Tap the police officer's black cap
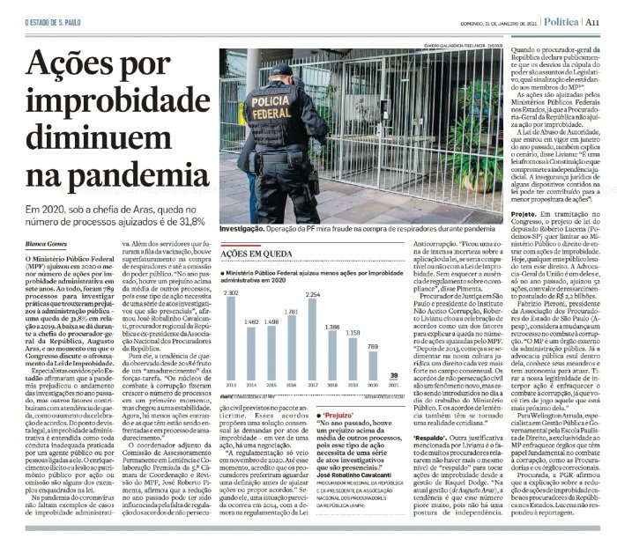[x=280, y=71]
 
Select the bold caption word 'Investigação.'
[x=249, y=228]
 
